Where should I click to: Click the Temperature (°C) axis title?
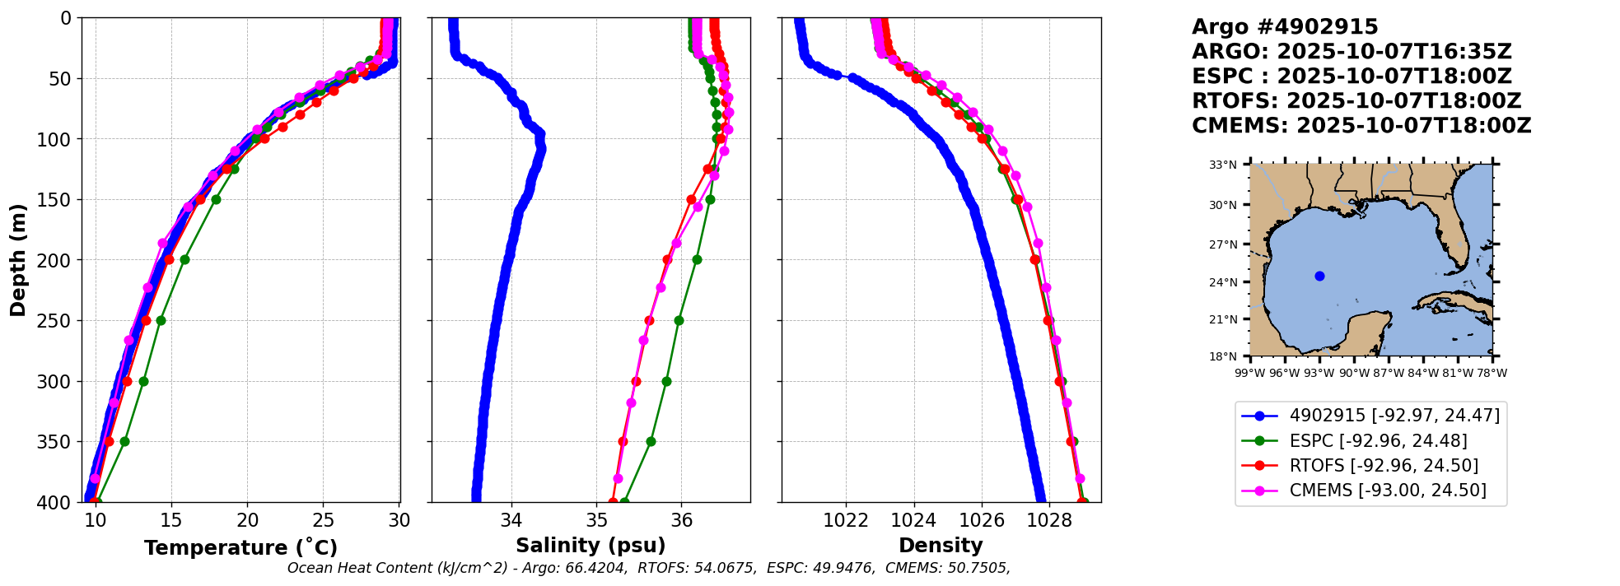[240, 548]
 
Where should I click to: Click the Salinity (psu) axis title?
[591, 546]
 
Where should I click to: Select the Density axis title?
[941, 546]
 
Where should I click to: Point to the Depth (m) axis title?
[18, 260]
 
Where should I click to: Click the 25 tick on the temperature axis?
[324, 520]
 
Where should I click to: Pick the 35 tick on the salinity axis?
[596, 520]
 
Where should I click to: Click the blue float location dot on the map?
[1319, 276]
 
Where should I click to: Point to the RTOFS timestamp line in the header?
[1356, 101]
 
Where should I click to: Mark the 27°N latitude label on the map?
[1223, 244]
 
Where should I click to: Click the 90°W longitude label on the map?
[1354, 373]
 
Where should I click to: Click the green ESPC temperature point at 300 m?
[143, 381]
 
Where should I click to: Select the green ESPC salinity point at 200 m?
[697, 259]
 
